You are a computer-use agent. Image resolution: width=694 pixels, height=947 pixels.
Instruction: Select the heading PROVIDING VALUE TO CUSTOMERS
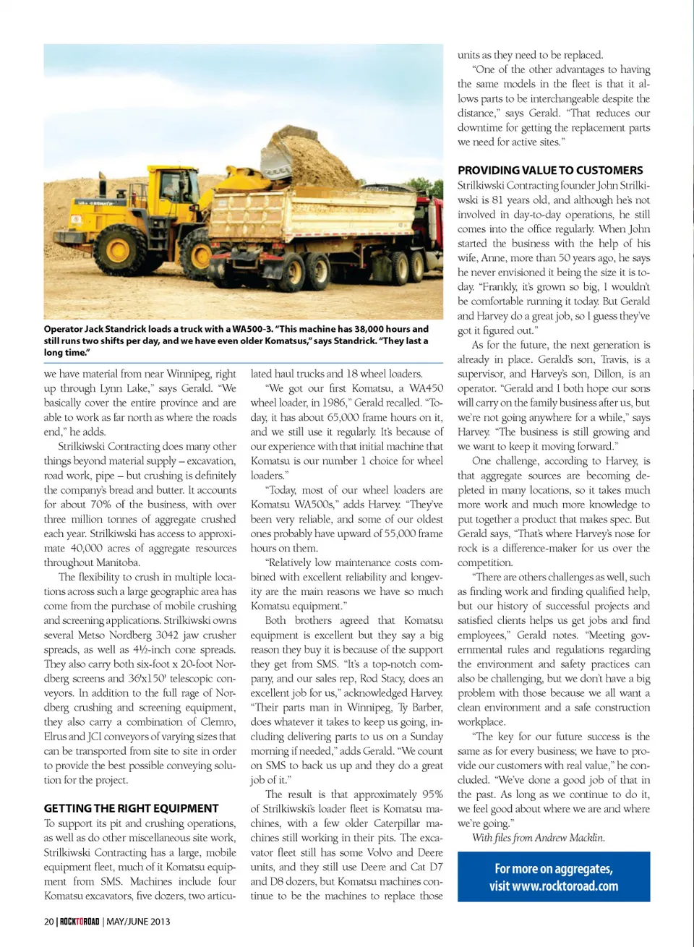(x=549, y=171)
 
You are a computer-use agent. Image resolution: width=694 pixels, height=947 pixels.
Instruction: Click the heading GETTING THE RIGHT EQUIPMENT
(x=131, y=808)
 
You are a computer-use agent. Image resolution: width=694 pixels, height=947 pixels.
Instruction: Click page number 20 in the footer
(x=48, y=921)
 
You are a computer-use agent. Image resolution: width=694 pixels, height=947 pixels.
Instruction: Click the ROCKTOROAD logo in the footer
(x=79, y=921)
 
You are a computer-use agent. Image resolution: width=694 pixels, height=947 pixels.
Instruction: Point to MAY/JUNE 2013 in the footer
(x=138, y=921)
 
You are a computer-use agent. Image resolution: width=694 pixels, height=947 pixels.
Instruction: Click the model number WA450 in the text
(x=426, y=388)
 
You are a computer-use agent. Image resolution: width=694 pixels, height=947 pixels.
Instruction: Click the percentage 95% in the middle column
(x=432, y=794)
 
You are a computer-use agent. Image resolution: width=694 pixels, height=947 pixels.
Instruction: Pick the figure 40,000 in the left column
(x=86, y=548)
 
